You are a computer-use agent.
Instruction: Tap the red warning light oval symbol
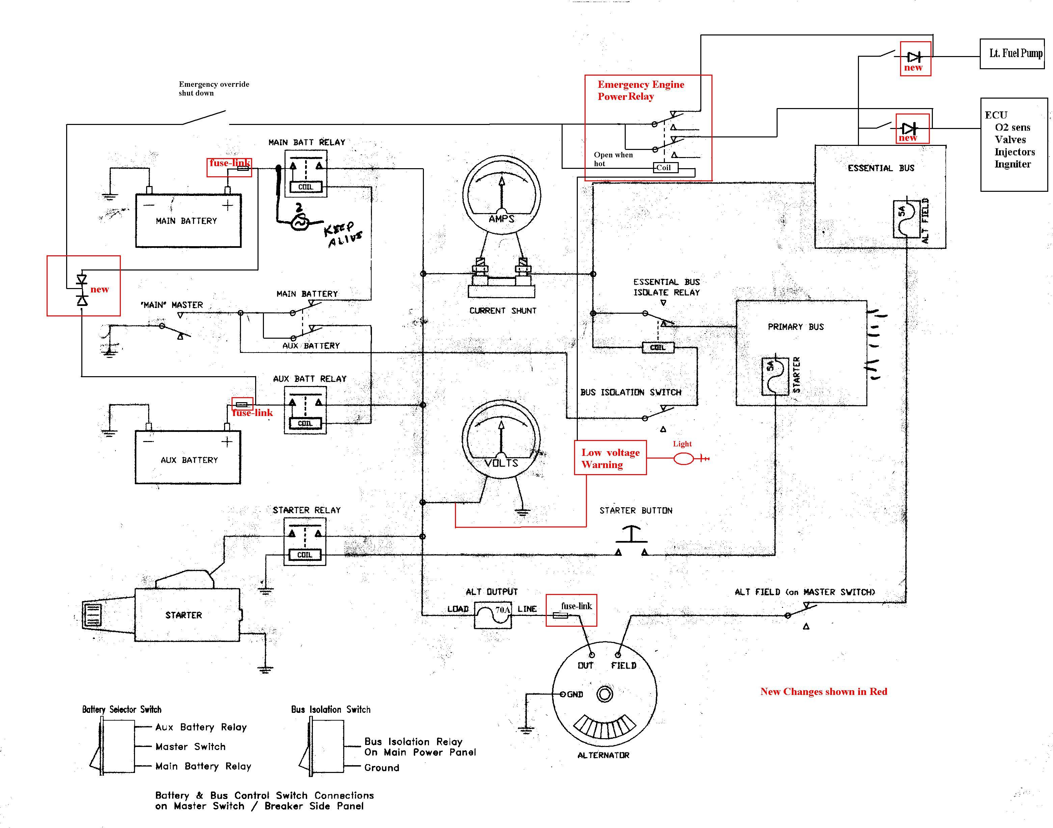pos(684,458)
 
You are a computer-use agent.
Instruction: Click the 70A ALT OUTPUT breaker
pos(492,615)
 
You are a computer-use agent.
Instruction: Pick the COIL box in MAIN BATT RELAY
pos(305,187)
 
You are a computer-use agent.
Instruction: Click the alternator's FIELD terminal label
pos(624,666)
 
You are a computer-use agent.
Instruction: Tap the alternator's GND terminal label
pos(575,694)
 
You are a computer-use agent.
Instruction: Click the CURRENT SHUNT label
pos(503,311)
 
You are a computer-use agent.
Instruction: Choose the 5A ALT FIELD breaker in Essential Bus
pos(907,219)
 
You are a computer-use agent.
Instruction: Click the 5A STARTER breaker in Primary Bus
pos(775,377)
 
